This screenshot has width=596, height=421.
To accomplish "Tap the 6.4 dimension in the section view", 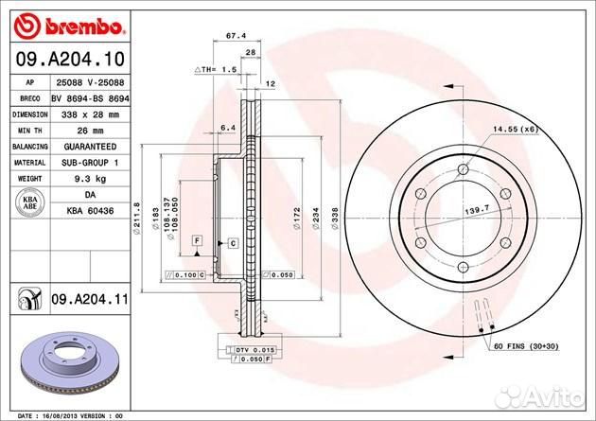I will click(226, 126).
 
